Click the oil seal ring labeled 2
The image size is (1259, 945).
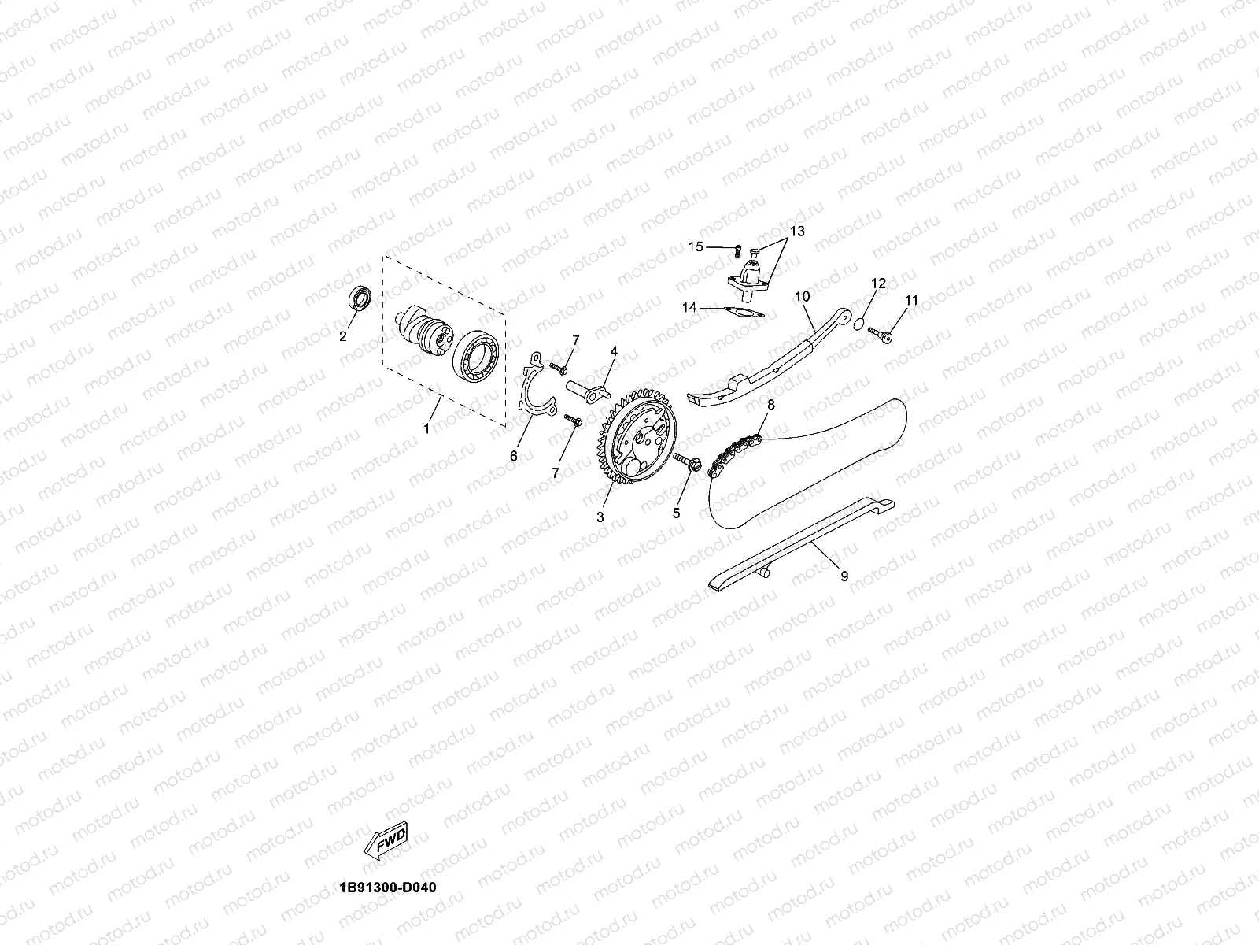click(x=361, y=299)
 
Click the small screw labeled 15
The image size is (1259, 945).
click(x=737, y=251)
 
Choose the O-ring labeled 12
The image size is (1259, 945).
click(x=860, y=322)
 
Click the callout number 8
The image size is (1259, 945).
click(x=770, y=405)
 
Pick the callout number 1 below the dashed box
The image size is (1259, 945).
click(x=426, y=429)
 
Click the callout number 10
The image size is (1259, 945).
click(x=802, y=296)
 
